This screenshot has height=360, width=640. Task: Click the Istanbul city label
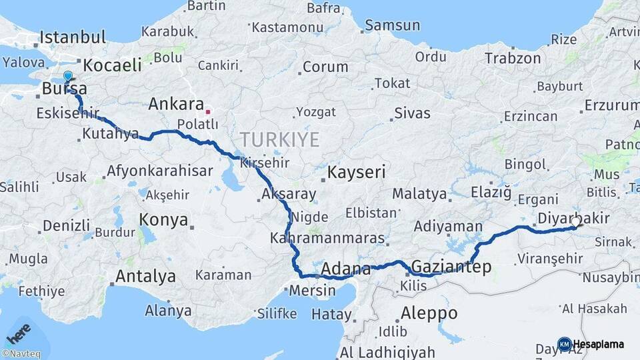(73, 37)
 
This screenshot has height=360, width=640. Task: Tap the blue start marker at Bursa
(67, 77)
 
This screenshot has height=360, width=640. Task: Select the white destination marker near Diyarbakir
(576, 221)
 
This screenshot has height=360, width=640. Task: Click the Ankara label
(176, 104)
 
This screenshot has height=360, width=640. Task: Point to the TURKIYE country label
(279, 140)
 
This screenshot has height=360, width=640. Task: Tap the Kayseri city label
(357, 172)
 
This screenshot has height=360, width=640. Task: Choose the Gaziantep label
(451, 267)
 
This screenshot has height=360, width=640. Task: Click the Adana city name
(345, 269)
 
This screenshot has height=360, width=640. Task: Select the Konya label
(163, 219)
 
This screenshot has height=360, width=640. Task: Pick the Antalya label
(145, 276)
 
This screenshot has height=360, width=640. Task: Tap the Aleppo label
(429, 313)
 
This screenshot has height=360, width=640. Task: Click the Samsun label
(392, 25)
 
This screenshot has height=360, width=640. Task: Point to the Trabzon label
(513, 59)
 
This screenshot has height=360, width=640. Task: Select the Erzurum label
(612, 105)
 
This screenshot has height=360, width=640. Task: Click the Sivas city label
(412, 113)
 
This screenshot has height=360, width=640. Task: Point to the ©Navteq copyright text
(21, 354)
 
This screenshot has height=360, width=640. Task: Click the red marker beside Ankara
(208, 112)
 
